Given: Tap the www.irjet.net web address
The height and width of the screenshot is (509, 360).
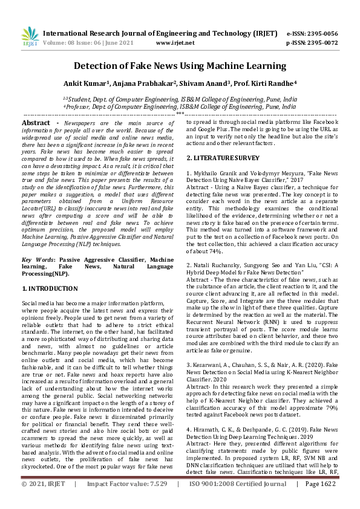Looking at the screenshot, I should coord(175,43).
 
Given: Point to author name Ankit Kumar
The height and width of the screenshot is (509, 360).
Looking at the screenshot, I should coord(84,83).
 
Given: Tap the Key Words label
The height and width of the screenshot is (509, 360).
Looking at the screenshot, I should coord(34,259).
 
